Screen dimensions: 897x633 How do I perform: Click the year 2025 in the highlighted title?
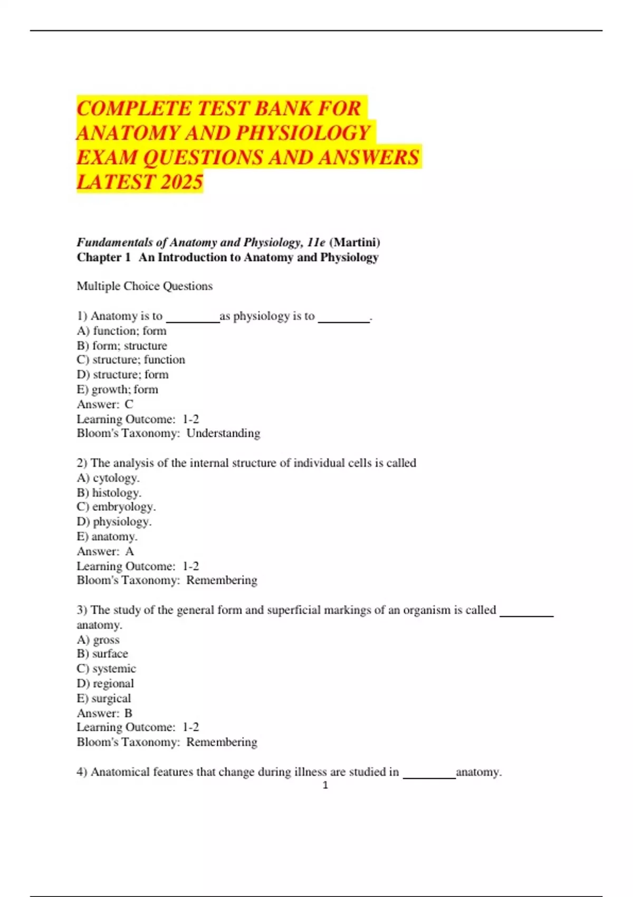pyautogui.click(x=181, y=182)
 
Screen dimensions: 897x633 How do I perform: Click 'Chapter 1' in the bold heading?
pyautogui.click(x=103, y=257)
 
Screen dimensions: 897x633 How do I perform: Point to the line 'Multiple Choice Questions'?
pyautogui.click(x=145, y=286)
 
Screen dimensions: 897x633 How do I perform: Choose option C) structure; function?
pyautogui.click(x=131, y=360)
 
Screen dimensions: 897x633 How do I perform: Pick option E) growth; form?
pyautogui.click(x=117, y=389)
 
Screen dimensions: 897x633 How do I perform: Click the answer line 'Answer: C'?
pyautogui.click(x=105, y=404)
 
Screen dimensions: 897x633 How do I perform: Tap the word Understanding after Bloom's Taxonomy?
pyautogui.click(x=223, y=433)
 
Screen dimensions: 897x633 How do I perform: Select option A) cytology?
pyautogui.click(x=108, y=478)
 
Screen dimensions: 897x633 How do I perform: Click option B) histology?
pyautogui.click(x=109, y=493)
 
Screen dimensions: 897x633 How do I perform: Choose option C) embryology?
pyautogui.click(x=116, y=507)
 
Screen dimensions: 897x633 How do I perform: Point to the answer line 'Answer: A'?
pyautogui.click(x=105, y=551)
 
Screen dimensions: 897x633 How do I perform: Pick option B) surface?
pyautogui.click(x=102, y=654)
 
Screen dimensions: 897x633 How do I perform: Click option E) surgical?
pyautogui.click(x=103, y=699)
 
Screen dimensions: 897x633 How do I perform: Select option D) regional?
pyautogui.click(x=105, y=684)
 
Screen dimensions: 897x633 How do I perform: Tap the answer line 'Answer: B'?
pyautogui.click(x=104, y=713)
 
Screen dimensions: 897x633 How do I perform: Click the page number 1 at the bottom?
pyautogui.click(x=325, y=785)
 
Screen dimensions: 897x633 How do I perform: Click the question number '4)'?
pyautogui.click(x=82, y=772)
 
